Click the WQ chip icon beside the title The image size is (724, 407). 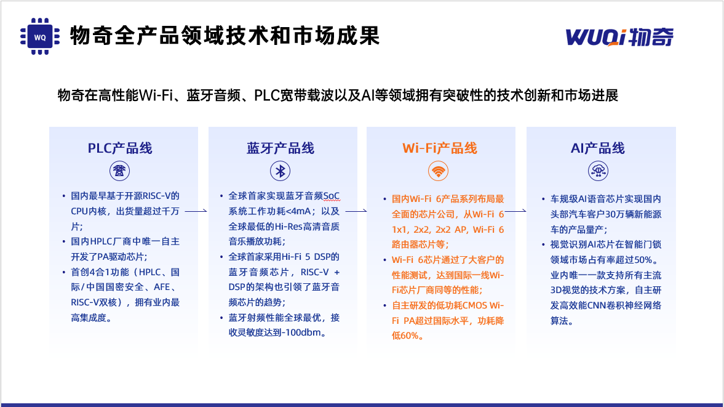pos(40,36)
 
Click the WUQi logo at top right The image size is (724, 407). pos(619,37)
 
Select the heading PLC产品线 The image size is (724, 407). pos(120,148)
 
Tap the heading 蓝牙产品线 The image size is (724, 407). pos(280,148)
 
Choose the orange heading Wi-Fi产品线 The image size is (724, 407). pos(440,148)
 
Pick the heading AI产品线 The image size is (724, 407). pos(598,148)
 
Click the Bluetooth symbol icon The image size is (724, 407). pos(280,171)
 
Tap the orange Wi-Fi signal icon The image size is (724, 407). pos(438,171)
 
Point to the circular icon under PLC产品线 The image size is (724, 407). pos(119,171)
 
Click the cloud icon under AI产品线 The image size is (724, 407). pos(598,171)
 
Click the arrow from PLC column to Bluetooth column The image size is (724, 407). pos(196,211)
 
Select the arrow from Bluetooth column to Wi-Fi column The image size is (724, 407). pos(356,211)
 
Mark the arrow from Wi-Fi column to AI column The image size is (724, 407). pos(515,211)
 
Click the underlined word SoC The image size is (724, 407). pos(331,196)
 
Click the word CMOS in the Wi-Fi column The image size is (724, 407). pos(475,305)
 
